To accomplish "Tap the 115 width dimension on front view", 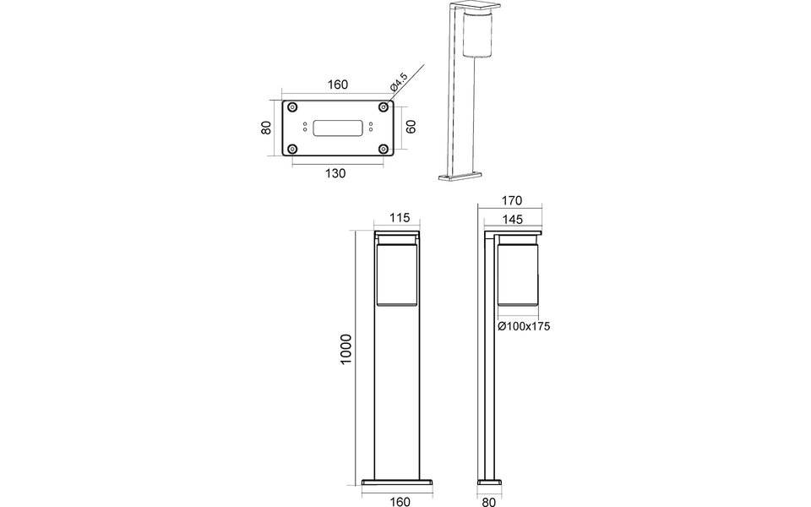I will pyautogui.click(x=399, y=218).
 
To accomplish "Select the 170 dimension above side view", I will pyautogui.click(x=511, y=201).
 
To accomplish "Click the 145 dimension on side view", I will pyautogui.click(x=512, y=219).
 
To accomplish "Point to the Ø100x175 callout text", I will pyautogui.click(x=524, y=325).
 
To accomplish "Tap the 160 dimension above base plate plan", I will pyautogui.click(x=337, y=85).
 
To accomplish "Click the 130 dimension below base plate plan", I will pyautogui.click(x=335, y=173).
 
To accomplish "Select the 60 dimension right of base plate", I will pyautogui.click(x=411, y=128).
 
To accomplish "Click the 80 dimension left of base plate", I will pyautogui.click(x=265, y=128).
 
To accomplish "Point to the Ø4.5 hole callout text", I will pyautogui.click(x=398, y=83).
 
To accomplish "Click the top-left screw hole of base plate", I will pyautogui.click(x=292, y=106).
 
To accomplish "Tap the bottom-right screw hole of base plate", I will pyautogui.click(x=384, y=150).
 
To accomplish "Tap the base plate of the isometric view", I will pyautogui.click(x=460, y=177).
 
